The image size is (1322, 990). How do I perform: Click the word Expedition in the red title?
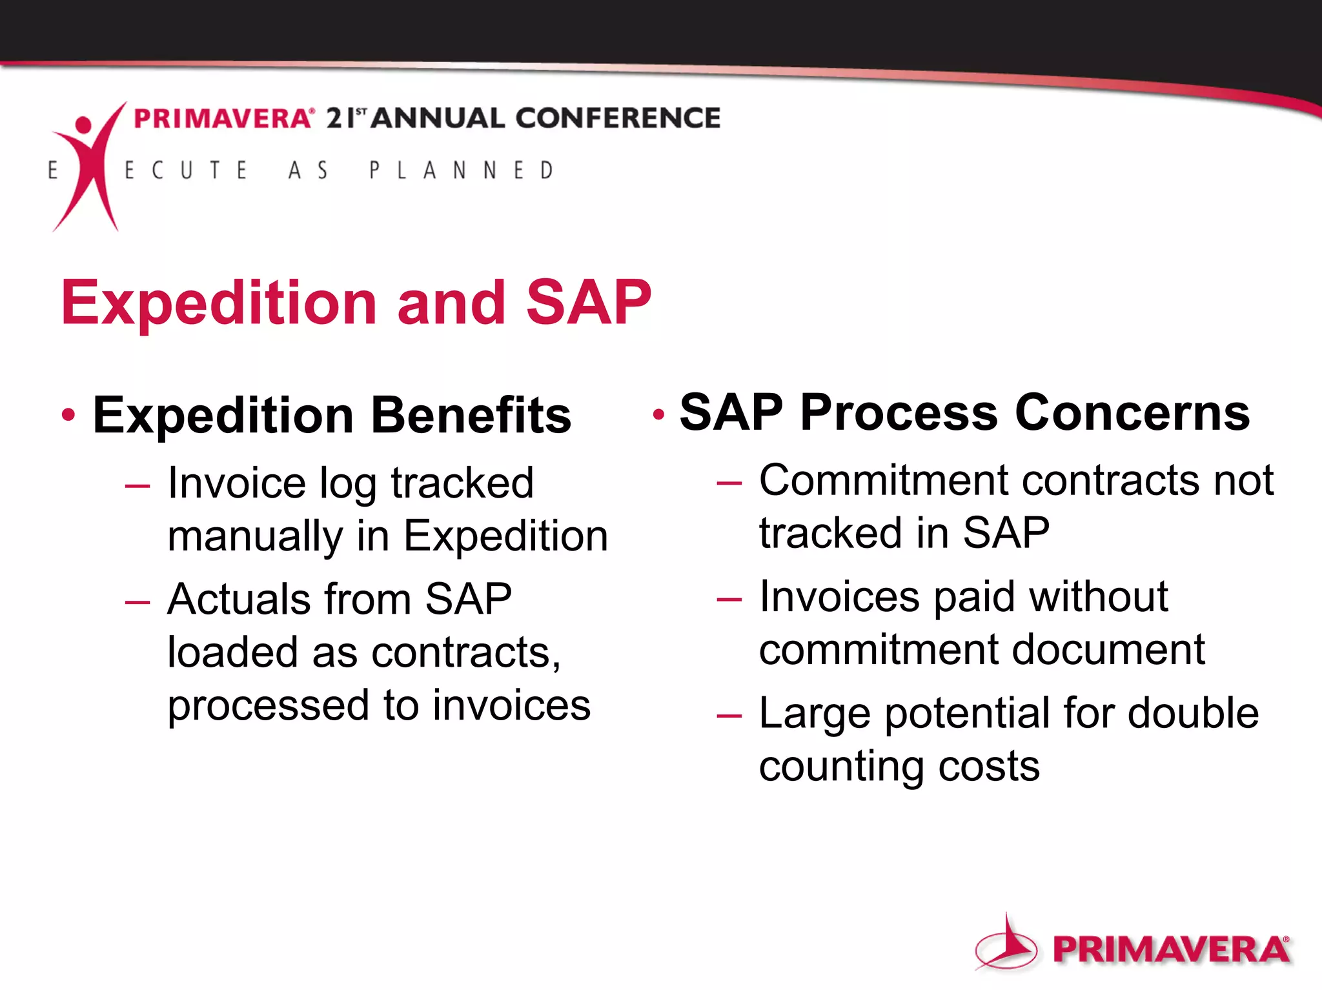click(219, 303)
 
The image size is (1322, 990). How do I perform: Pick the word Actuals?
click(238, 599)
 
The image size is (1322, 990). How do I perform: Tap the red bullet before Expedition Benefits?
click(68, 414)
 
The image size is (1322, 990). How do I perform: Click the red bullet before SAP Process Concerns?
click(658, 414)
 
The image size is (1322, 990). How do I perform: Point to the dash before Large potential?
click(729, 715)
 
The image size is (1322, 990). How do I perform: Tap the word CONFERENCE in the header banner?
click(617, 119)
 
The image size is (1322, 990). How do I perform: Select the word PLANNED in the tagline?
click(461, 170)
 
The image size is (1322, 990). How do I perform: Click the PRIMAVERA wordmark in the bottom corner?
click(1170, 950)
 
